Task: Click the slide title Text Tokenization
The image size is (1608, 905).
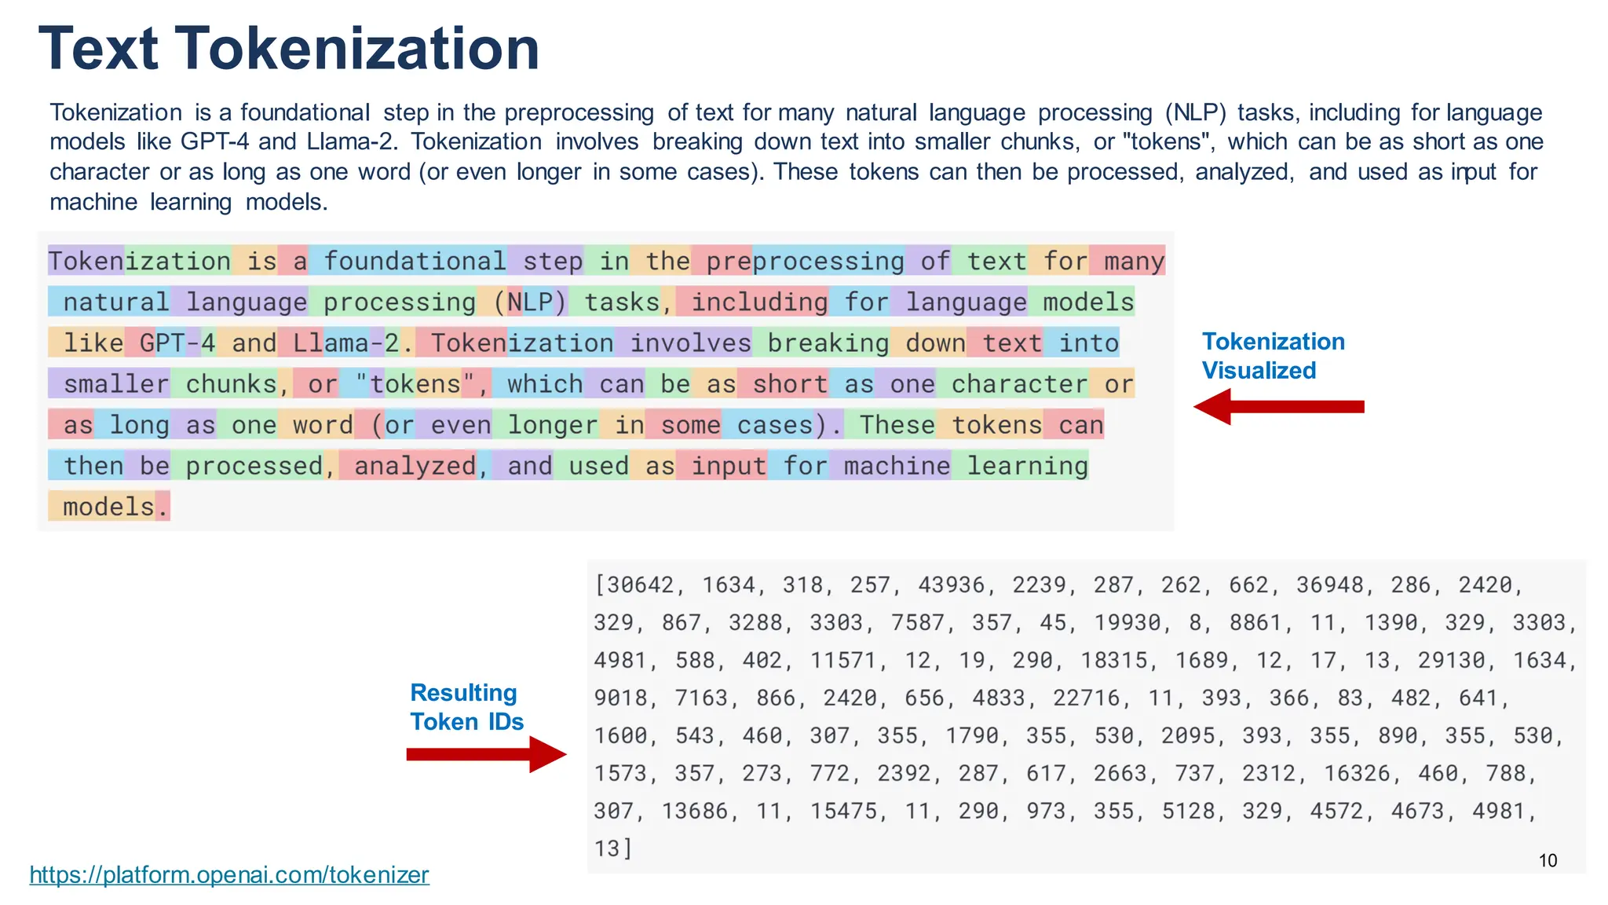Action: tap(288, 49)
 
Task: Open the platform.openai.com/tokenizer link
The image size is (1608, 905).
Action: tap(229, 874)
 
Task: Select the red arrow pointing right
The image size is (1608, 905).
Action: tap(486, 754)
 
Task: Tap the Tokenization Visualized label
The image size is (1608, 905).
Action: tap(1273, 356)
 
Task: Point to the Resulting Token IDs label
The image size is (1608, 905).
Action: tap(466, 707)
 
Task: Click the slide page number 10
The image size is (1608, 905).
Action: tap(1548, 860)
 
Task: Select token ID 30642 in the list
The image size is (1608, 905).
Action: tap(640, 585)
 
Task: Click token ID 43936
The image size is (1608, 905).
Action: tap(951, 585)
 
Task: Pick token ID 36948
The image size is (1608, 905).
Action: tap(1329, 585)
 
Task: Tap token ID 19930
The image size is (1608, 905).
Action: tap(1127, 623)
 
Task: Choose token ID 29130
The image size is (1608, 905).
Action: tap(1451, 661)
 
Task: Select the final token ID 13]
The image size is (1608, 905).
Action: tap(612, 849)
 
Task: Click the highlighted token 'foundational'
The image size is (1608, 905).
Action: tap(408, 261)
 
